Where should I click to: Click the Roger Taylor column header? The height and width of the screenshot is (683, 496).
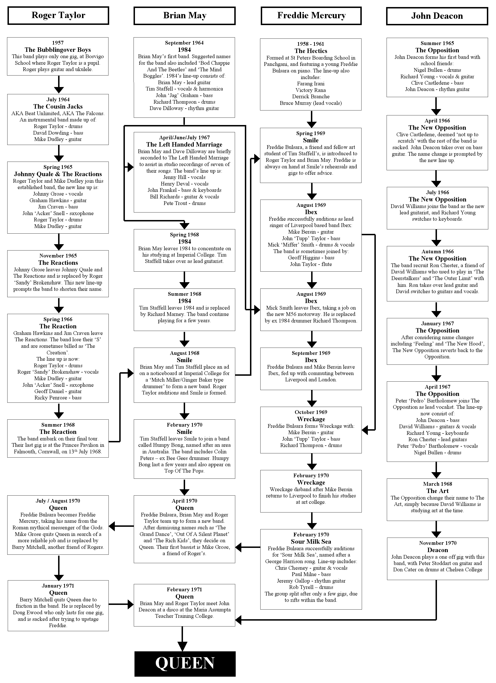coord(58,16)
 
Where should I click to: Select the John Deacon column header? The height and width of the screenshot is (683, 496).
coord(437,16)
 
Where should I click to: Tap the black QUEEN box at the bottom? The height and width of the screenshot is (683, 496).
coord(185,664)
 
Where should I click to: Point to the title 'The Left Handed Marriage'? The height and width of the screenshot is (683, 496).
coord(184,144)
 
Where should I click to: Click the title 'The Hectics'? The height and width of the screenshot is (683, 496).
coord(311,51)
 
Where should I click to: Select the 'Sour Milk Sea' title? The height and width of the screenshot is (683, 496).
coord(311,542)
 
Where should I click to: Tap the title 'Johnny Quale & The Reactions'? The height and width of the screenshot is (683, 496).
coord(58,174)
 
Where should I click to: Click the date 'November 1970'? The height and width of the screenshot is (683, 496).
coord(438,543)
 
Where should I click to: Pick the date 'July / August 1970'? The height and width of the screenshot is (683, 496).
coord(58,501)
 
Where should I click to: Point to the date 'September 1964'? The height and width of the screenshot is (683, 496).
coord(184,43)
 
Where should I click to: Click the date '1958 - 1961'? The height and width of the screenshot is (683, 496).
coord(311,44)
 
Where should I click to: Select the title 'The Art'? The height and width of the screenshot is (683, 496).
coord(437,491)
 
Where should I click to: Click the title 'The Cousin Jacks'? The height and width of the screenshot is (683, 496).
coord(58,106)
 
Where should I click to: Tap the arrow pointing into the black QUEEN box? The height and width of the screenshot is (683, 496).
coord(182,638)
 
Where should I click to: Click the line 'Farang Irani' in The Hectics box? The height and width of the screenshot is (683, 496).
coord(311,84)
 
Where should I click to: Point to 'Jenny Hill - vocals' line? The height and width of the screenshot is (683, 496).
coord(184,177)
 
